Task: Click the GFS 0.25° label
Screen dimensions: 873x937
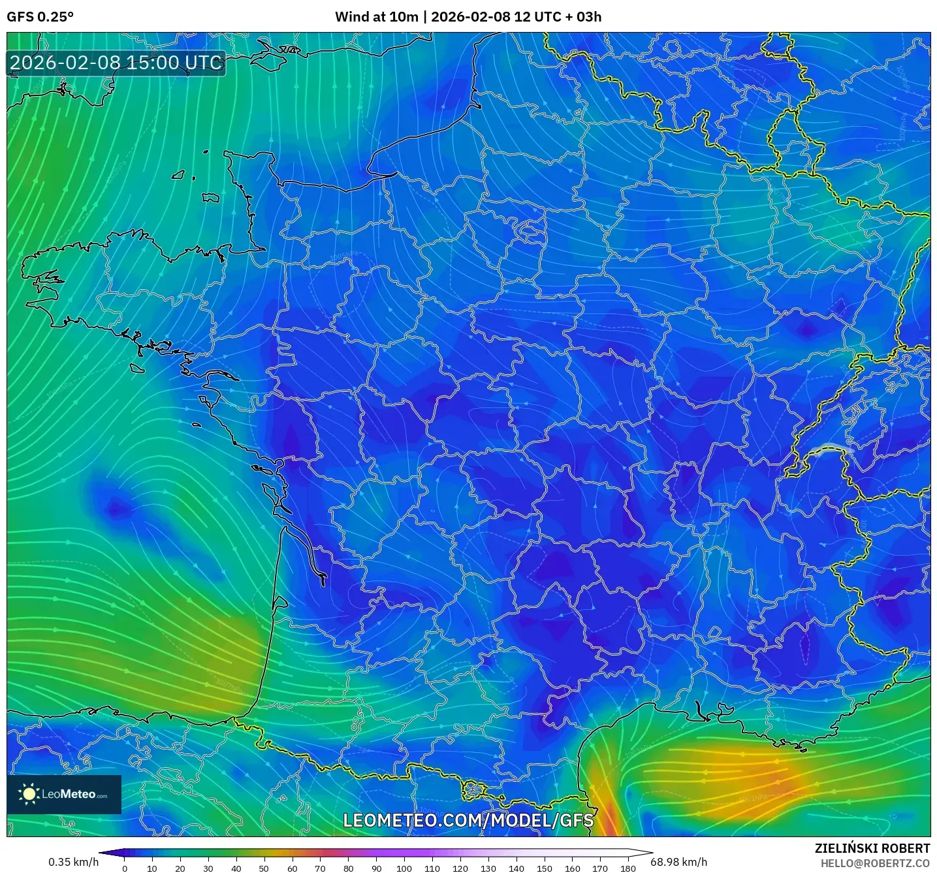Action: coord(40,17)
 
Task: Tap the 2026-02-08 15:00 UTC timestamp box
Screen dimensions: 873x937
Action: coord(116,63)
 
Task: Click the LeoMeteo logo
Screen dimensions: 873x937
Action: coord(64,794)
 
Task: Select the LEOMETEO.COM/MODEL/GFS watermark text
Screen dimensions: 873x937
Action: coord(468,820)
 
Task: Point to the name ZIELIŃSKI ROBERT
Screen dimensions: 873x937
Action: coord(872,848)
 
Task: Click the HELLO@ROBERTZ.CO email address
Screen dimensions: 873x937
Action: coord(874,863)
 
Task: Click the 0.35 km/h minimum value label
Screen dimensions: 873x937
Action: coord(73,862)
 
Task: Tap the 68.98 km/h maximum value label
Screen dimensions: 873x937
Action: coord(678,862)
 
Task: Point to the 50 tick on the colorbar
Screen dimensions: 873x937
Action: coord(264,868)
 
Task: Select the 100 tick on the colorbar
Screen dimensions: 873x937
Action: coord(404,868)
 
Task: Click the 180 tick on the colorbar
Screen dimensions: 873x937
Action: coord(628,868)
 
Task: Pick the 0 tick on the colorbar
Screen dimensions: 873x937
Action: coord(125,868)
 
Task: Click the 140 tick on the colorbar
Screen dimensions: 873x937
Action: coord(516,868)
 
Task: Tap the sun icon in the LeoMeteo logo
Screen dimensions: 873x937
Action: coord(29,794)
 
